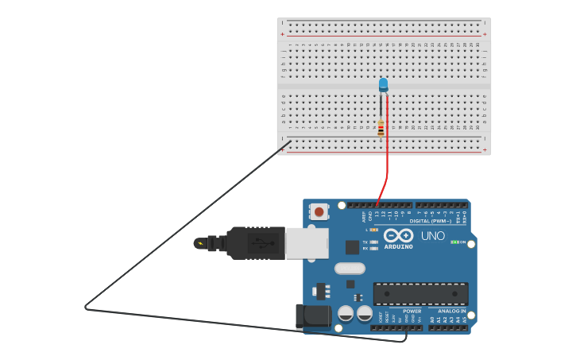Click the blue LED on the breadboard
(383, 83)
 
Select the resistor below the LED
(381, 127)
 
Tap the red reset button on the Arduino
(319, 211)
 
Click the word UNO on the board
(433, 236)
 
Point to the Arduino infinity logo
(398, 235)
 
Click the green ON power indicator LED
(454, 242)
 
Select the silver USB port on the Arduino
(307, 243)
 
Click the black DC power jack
(312, 315)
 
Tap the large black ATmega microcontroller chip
(420, 293)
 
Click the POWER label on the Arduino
(412, 311)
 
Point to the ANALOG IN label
(452, 311)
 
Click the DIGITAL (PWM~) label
(430, 221)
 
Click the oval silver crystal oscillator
(350, 269)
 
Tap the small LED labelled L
(374, 230)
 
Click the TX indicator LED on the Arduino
(373, 242)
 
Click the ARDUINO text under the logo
(398, 246)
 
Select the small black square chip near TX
(351, 247)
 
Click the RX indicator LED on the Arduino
(373, 248)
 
